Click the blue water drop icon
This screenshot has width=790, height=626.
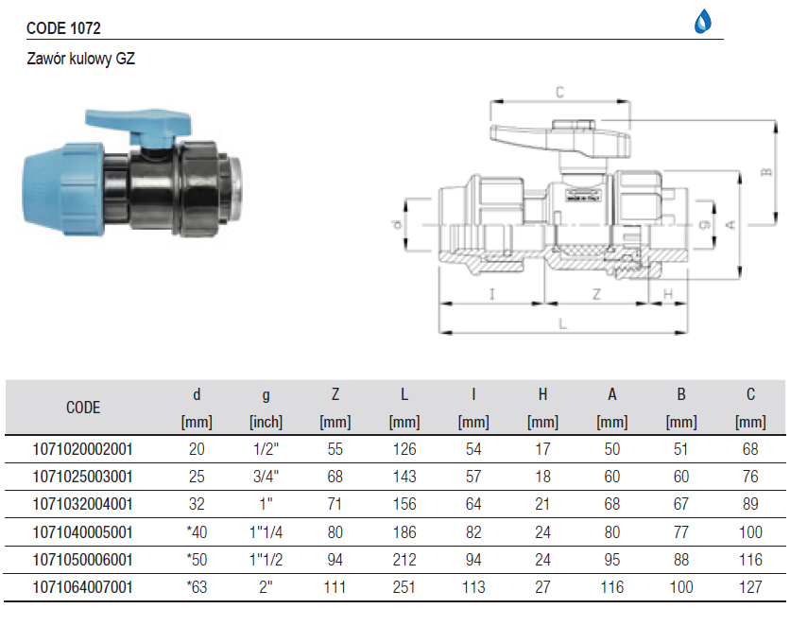tap(703, 22)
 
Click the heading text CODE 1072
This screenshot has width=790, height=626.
tap(64, 29)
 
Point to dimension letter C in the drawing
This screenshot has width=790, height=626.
tap(559, 92)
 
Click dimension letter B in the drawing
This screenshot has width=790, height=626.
tap(766, 172)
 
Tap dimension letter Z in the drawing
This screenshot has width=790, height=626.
tap(596, 294)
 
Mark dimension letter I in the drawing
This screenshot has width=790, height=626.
tap(492, 294)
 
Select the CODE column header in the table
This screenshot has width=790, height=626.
tap(83, 409)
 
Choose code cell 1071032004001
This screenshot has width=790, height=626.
tap(84, 504)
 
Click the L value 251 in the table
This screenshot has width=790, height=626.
tap(404, 587)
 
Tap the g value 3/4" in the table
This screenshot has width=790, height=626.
tap(266, 477)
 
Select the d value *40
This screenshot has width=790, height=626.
tap(196, 532)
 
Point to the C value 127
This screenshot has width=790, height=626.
tap(750, 587)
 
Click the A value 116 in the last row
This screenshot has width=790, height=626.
tap(611, 587)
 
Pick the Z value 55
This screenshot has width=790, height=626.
tap(335, 449)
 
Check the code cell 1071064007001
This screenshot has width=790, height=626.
tap(84, 587)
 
